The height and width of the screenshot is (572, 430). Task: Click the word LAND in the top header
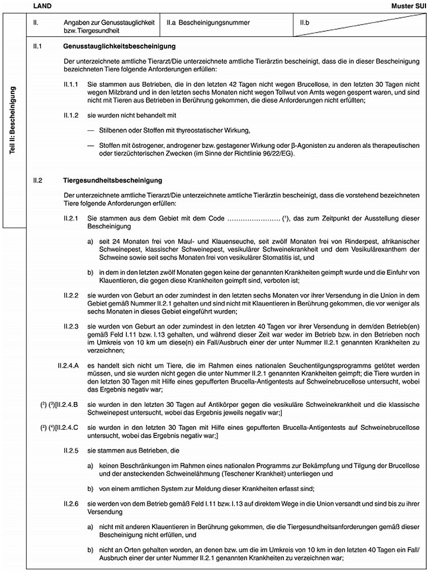coord(41,5)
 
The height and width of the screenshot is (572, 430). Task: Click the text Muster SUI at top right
coord(412,5)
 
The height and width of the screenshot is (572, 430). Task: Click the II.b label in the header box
coord(305,22)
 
